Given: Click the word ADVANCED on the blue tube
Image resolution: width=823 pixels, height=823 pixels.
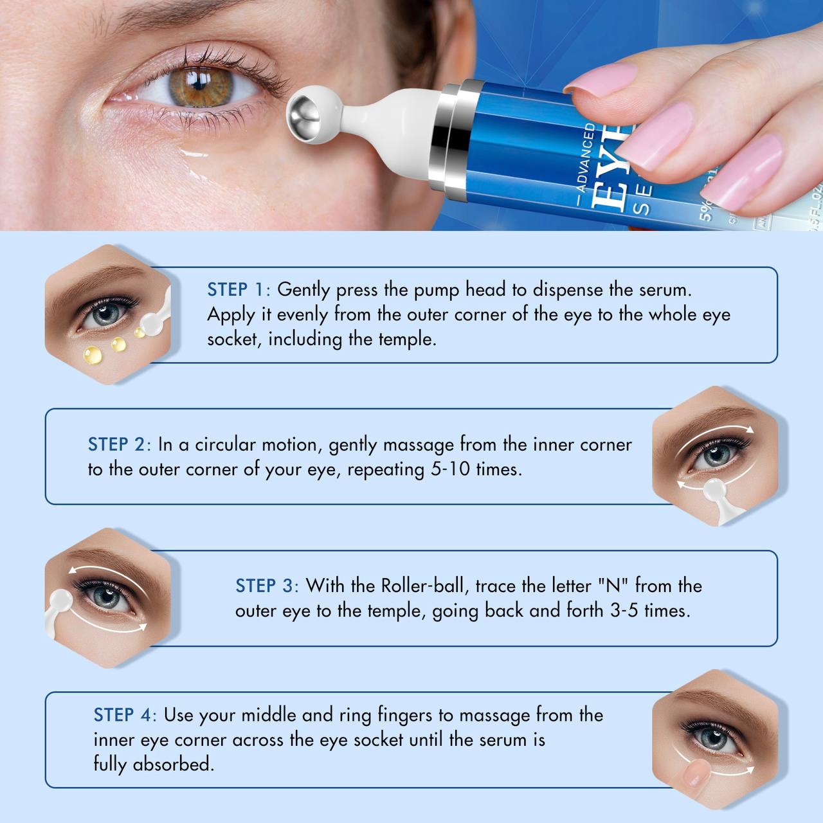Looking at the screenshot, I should pos(586,158).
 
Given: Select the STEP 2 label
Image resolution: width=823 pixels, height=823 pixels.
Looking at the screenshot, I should pos(117,444).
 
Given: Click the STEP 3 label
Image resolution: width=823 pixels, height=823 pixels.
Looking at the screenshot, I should pos(265,586).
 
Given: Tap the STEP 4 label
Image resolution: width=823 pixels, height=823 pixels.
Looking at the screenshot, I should pos(123,715).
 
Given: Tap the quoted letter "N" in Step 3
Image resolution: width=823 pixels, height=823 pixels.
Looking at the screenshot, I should pos(613,586).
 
